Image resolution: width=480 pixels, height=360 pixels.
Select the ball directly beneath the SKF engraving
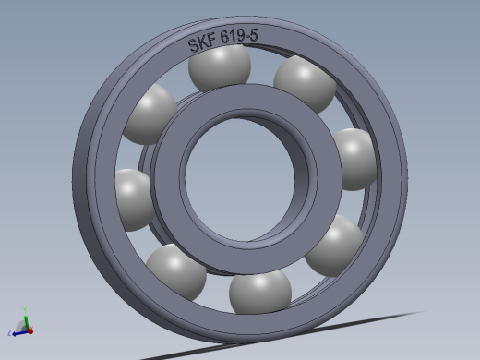219,67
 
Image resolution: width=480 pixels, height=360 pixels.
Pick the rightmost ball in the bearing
354,158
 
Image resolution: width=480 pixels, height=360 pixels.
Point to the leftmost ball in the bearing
132,198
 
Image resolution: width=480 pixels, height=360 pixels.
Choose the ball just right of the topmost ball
306,83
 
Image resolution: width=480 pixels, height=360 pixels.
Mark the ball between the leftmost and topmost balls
150,114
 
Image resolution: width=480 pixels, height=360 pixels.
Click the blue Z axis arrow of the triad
18,330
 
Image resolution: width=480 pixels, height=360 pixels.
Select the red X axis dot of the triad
30,330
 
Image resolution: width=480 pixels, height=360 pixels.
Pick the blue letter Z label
9,332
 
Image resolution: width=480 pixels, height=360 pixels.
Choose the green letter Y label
26,309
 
